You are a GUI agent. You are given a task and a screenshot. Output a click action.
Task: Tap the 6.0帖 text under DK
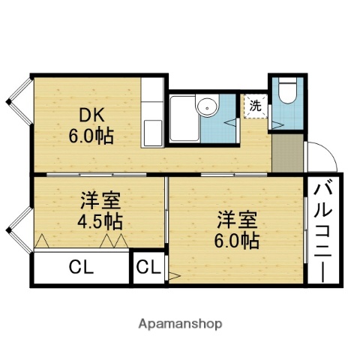coord(91,138)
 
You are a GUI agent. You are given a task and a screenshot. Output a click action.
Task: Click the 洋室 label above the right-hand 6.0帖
coord(238,220)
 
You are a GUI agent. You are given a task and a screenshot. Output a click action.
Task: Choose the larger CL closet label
coord(81,268)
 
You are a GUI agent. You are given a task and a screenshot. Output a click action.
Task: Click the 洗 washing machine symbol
coord(256,106)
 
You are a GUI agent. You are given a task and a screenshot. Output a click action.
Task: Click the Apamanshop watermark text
coord(180,324)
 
